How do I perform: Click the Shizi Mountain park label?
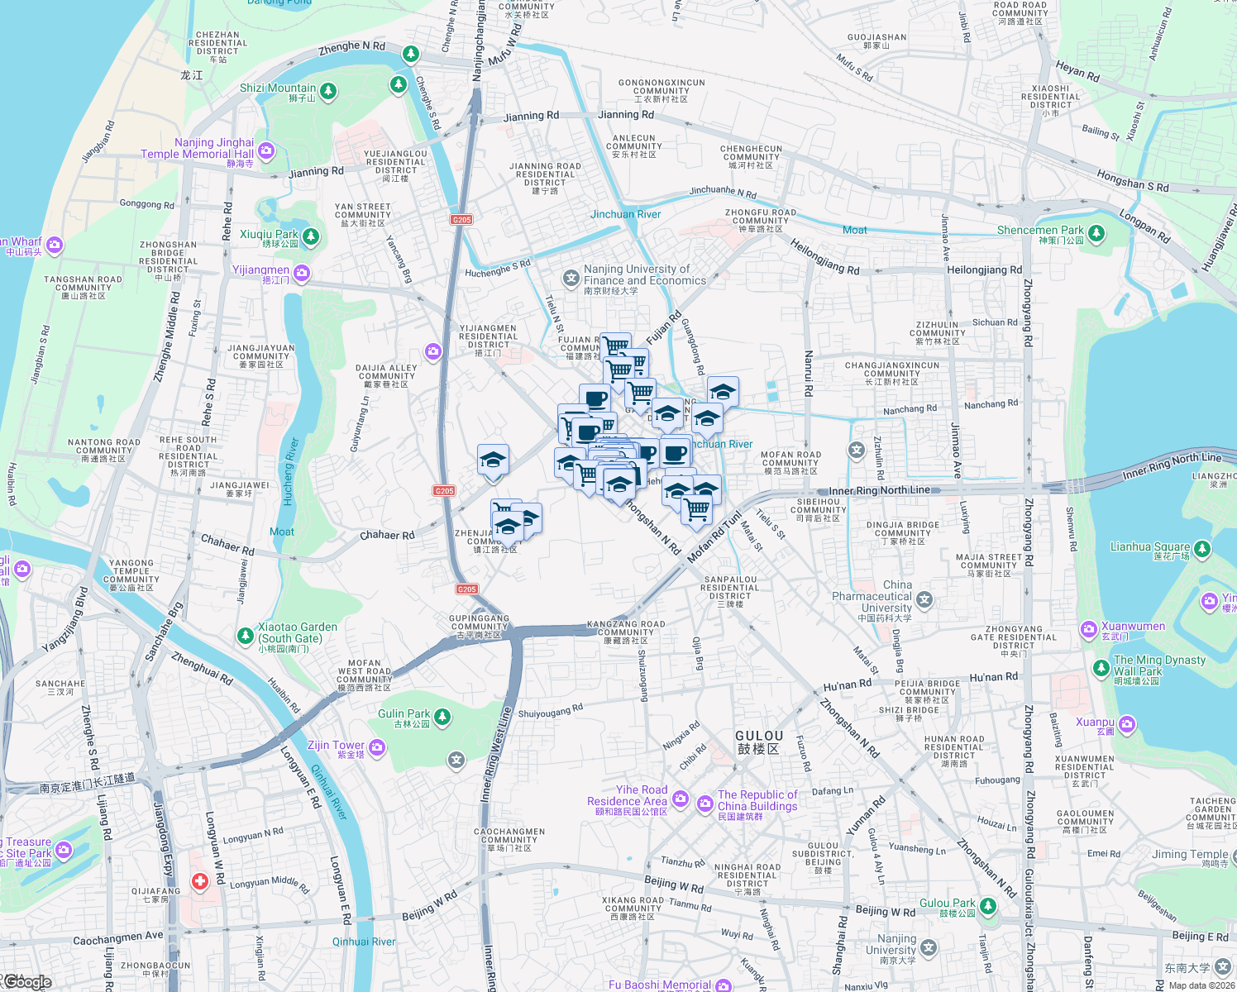pyautogui.click(x=278, y=88)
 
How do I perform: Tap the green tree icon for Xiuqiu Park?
pyautogui.click(x=311, y=237)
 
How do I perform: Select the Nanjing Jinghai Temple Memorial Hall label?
pyautogui.click(x=198, y=148)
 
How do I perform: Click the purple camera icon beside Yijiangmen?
pyautogui.click(x=302, y=272)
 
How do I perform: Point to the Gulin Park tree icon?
pyautogui.click(x=442, y=716)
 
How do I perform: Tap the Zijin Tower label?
pyautogui.click(x=336, y=746)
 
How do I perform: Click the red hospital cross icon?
pyautogui.click(x=199, y=882)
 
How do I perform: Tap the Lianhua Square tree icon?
pyautogui.click(x=1202, y=548)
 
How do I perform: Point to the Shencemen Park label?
pyautogui.click(x=1040, y=231)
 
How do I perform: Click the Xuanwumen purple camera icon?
pyautogui.click(x=1089, y=631)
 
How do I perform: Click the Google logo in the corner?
pyautogui.click(x=27, y=982)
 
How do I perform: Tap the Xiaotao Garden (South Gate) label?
pyautogui.click(x=297, y=632)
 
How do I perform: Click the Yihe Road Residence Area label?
pyautogui.click(x=628, y=795)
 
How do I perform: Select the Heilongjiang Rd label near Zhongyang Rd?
pyautogui.click(x=984, y=270)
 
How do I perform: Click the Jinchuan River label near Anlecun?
pyautogui.click(x=625, y=214)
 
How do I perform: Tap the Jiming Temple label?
pyautogui.click(x=1190, y=854)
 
